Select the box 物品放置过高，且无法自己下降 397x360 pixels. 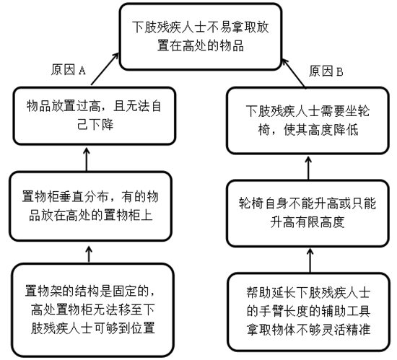pos(87,115)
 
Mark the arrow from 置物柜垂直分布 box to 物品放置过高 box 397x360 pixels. pos(87,157)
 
